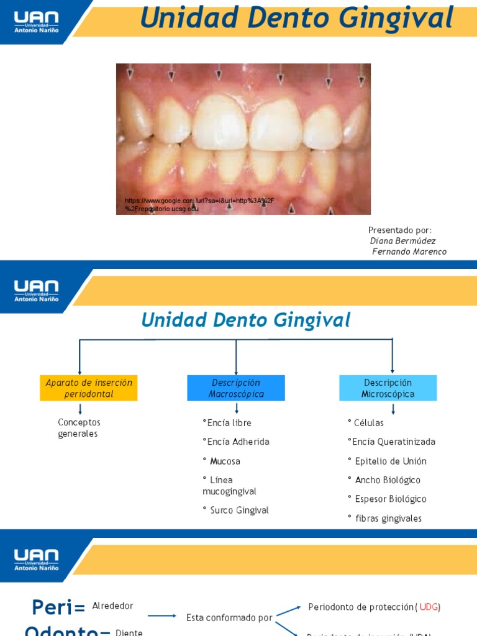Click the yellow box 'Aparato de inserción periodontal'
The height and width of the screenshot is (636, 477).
tap(89, 388)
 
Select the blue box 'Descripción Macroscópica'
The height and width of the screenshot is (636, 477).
tap(236, 388)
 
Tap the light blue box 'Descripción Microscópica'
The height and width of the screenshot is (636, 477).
tap(388, 388)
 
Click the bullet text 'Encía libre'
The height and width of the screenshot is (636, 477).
tap(227, 423)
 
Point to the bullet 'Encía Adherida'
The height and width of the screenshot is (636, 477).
tap(236, 442)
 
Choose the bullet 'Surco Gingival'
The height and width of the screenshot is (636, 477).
tap(236, 511)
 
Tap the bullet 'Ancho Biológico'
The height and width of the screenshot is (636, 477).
tap(384, 480)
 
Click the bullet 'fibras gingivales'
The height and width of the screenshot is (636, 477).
tap(385, 519)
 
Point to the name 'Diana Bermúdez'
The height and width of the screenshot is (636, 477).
tap(403, 241)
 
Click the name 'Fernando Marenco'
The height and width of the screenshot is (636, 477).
tap(409, 252)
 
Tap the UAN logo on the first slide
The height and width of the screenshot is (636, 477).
tap(36, 22)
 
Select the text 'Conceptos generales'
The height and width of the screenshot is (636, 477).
tap(79, 428)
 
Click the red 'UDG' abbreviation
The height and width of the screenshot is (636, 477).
tap(429, 607)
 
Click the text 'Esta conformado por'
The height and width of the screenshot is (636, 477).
tap(229, 618)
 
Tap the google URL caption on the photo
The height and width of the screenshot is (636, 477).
tap(199, 205)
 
